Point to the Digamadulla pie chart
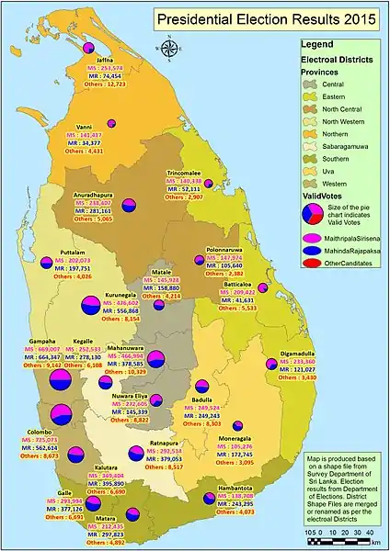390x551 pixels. click(x=270, y=365)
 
